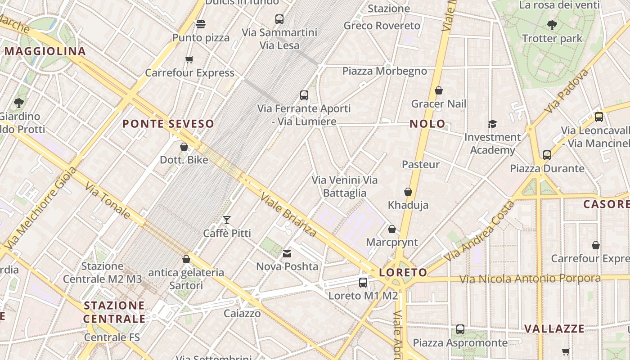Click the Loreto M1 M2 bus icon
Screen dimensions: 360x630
tap(363, 283)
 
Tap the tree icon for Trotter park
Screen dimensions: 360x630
tap(552, 25)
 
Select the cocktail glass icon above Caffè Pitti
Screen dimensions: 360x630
tap(227, 220)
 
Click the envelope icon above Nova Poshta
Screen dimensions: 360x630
tap(287, 254)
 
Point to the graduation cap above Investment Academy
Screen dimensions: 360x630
tap(492, 124)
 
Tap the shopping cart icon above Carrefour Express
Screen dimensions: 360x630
tap(189, 60)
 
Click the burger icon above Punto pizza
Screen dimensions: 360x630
tap(201, 24)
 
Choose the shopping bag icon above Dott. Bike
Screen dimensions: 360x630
tap(184, 147)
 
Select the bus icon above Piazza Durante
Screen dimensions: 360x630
tap(547, 155)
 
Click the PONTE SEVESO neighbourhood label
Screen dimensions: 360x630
tap(168, 124)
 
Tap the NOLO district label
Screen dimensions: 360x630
tap(427, 124)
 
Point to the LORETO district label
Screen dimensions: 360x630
tap(403, 273)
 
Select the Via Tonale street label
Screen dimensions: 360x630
tap(108, 201)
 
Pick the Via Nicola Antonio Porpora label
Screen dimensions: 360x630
tap(530, 279)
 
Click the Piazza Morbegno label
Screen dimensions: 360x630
tap(384, 71)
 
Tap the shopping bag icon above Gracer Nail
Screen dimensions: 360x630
tap(439, 91)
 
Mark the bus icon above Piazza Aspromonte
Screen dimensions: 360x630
tap(460, 329)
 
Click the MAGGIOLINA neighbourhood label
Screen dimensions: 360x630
tap(45, 51)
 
